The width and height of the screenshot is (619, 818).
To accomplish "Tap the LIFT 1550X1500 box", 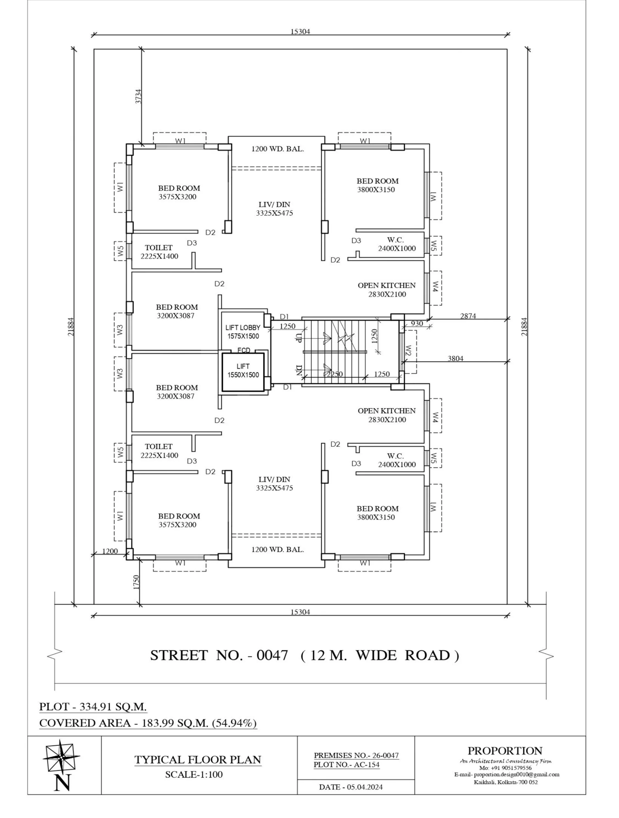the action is (243, 372).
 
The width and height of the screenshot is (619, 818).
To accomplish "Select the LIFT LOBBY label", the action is (243, 328).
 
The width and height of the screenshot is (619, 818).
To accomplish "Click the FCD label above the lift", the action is (244, 350).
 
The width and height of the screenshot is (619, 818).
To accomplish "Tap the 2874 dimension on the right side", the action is (468, 316).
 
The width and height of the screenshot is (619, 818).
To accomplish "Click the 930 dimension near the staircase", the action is (417, 324).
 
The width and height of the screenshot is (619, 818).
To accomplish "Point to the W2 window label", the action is (408, 351).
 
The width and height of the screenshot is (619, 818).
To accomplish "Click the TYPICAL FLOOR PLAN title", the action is (198, 759).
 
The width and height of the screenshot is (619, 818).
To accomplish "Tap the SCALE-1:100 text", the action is (194, 774).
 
